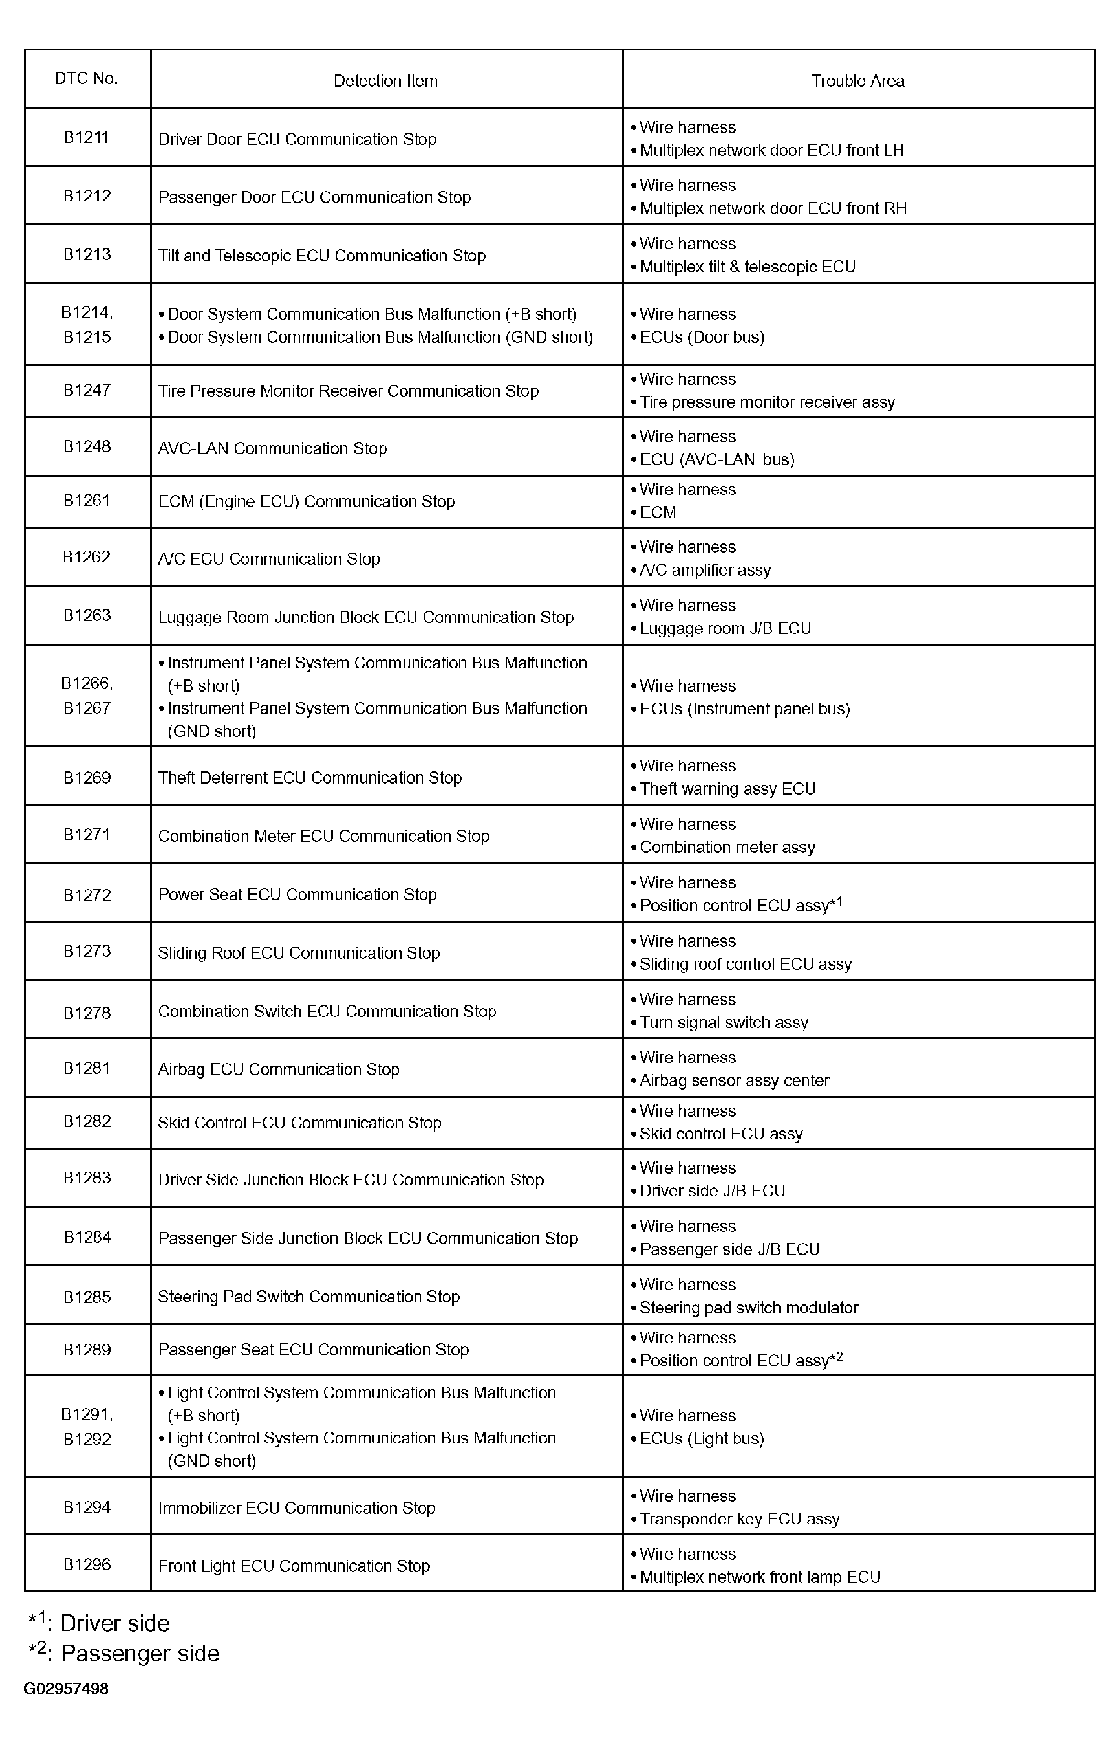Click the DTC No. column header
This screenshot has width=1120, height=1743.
[87, 78]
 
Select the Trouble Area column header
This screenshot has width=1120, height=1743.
[857, 81]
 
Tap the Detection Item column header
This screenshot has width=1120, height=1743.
[385, 81]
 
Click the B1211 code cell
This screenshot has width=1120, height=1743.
[87, 138]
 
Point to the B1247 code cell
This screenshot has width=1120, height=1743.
[87, 390]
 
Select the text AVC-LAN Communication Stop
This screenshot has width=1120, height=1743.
[273, 448]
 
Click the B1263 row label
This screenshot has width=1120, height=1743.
[87, 615]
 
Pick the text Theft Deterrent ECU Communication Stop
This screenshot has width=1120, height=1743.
[310, 778]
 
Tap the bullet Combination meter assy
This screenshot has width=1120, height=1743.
[727, 848]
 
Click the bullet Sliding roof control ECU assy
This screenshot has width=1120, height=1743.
[745, 964]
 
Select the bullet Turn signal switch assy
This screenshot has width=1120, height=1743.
[724, 1022]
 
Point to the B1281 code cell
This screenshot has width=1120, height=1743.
[87, 1068]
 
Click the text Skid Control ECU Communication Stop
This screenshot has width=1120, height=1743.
[299, 1123]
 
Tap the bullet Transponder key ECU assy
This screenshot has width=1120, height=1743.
[739, 1519]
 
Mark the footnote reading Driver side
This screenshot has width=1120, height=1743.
[114, 1624]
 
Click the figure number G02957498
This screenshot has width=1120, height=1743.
[66, 1689]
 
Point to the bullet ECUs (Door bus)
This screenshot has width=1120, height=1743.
[702, 337]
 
